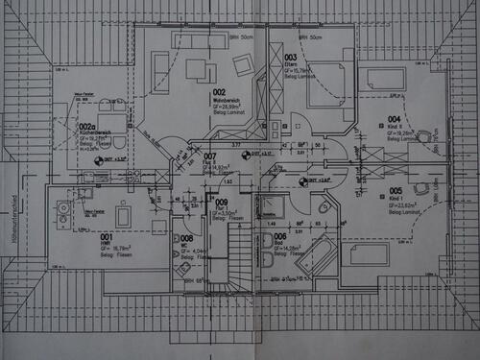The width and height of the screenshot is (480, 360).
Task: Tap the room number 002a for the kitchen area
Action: pos(85,126)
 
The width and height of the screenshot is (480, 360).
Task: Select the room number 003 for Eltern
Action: pos(290,58)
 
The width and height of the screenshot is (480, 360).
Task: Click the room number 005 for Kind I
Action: pos(396,191)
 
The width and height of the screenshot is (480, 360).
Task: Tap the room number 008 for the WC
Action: pos(186,237)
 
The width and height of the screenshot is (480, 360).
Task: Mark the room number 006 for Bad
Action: pos(279,236)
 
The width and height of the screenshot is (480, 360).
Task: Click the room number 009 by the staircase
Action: pos(222,203)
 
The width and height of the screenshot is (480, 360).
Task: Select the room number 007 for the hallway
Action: pos(209,156)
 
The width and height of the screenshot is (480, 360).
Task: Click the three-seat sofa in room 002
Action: pos(199,39)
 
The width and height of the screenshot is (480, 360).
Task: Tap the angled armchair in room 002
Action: pos(243,64)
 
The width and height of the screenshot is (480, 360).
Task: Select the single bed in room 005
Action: pos(365,253)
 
